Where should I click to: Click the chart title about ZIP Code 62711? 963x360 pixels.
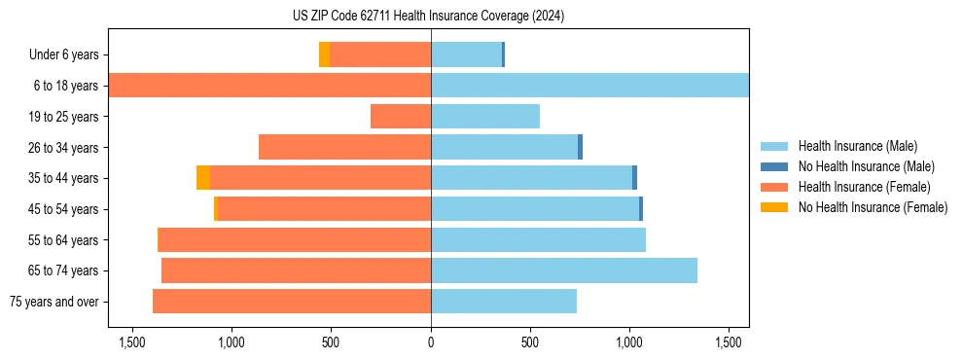(x=428, y=16)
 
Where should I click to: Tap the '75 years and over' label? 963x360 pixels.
(x=54, y=302)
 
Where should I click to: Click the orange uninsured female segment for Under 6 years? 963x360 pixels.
(x=324, y=55)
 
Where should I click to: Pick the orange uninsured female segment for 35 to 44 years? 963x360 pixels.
(x=202, y=178)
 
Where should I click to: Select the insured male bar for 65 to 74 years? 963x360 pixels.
(x=564, y=270)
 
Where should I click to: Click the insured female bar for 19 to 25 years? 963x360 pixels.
(x=401, y=117)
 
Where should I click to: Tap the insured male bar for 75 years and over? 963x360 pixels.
(x=504, y=302)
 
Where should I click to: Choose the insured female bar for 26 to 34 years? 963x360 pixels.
(x=344, y=147)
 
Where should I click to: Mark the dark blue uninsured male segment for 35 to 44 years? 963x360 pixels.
(x=634, y=178)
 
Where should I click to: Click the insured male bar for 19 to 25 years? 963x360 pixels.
(x=485, y=117)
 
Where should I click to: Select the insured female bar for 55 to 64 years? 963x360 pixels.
(x=294, y=239)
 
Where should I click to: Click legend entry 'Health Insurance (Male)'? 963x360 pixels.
(x=857, y=146)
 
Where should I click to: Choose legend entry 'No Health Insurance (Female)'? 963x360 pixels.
(x=873, y=207)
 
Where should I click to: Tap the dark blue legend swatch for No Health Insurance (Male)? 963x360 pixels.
(x=774, y=166)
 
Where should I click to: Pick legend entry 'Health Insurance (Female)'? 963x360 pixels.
(x=864, y=187)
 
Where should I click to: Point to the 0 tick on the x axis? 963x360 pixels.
(x=431, y=342)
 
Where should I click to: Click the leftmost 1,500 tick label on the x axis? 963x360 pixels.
(x=131, y=342)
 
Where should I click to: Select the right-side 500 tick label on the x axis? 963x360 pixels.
(x=530, y=342)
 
